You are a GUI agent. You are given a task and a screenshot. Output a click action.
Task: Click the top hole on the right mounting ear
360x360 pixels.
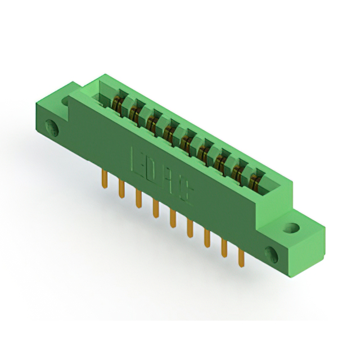point(292,228)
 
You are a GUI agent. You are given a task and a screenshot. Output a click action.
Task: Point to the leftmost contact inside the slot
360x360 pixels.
point(118,104)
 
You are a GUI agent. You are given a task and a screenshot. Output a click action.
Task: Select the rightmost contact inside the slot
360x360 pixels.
point(256,181)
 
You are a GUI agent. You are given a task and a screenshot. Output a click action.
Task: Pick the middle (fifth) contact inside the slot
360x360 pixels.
point(187,142)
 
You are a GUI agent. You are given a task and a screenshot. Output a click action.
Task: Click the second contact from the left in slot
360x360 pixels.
point(135,113)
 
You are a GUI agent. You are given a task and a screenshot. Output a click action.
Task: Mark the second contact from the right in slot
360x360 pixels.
point(239,172)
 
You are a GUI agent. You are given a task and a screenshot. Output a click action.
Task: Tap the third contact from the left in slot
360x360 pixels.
point(152,123)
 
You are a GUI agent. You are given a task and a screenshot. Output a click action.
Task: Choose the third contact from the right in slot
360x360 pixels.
point(222,162)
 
